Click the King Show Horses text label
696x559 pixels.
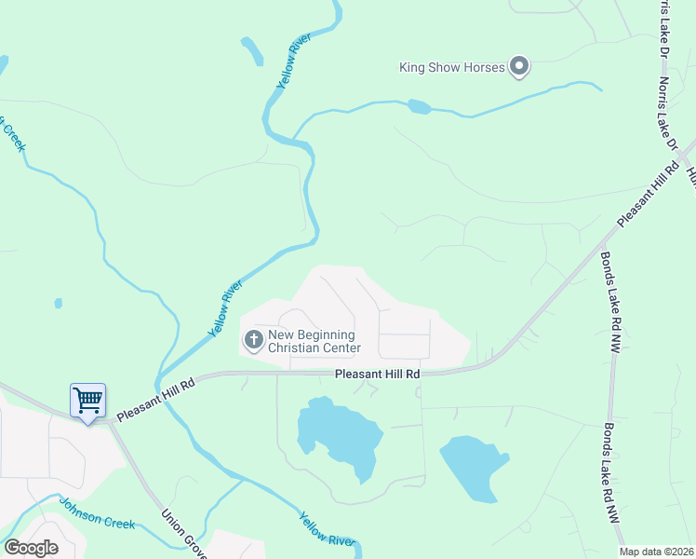click(x=451, y=67)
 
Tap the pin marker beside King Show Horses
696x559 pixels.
click(x=520, y=67)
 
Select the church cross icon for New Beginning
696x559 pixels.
click(x=252, y=339)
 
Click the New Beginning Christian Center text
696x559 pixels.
click(x=314, y=342)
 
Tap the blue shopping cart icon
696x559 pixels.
click(x=87, y=401)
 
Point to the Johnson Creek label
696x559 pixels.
click(x=97, y=514)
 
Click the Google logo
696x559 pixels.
click(x=31, y=547)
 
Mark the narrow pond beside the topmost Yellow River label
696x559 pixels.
click(x=251, y=51)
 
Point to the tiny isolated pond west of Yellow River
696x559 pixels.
click(x=59, y=303)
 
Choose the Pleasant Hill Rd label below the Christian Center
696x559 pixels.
click(x=377, y=374)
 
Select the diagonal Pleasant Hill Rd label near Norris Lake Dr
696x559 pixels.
click(x=649, y=192)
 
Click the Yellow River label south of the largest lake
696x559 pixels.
click(x=327, y=530)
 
